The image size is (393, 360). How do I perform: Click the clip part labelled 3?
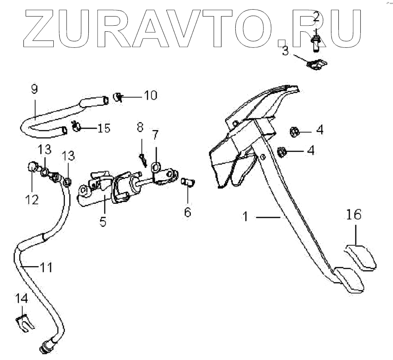(x=316, y=64)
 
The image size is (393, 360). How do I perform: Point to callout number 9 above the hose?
(x=35, y=89)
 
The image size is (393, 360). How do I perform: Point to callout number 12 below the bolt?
(x=31, y=200)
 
